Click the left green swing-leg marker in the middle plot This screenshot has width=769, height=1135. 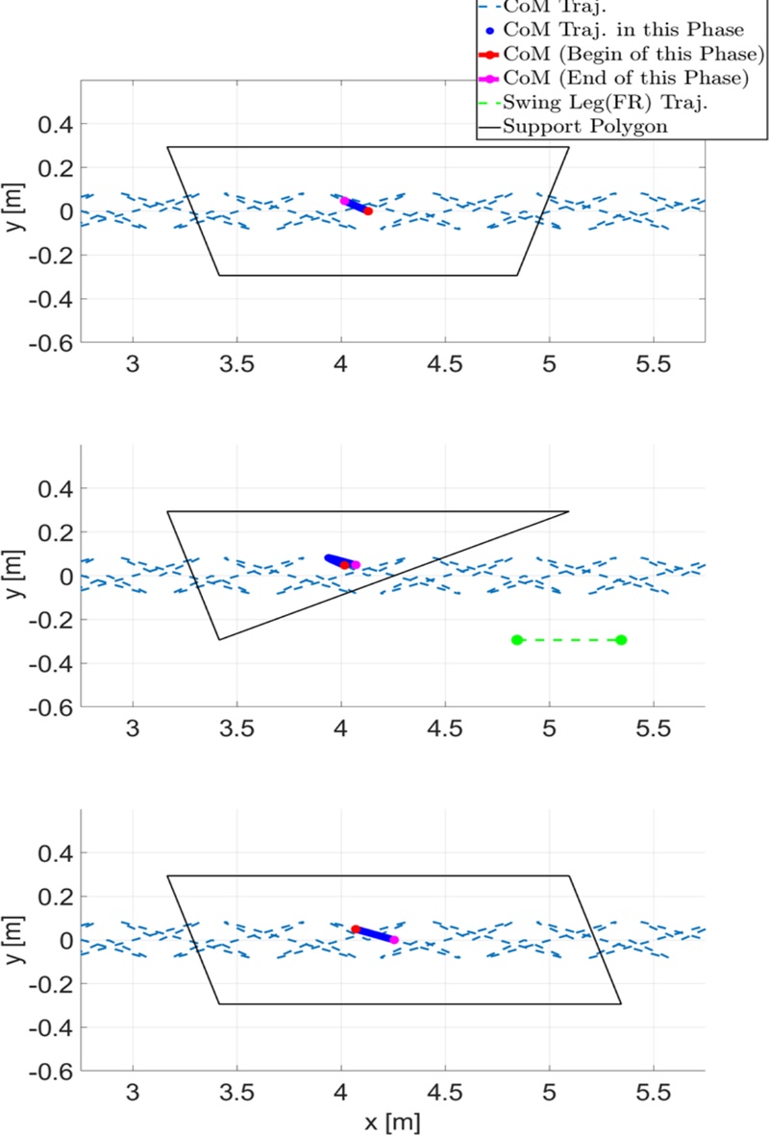tap(517, 640)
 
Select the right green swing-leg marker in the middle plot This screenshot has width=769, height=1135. tap(621, 640)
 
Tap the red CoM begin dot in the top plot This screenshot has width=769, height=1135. tap(368, 211)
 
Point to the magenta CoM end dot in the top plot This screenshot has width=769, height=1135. tap(345, 201)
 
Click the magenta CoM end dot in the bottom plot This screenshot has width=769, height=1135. tap(394, 940)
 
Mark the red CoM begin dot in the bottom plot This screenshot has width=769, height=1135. tap(356, 929)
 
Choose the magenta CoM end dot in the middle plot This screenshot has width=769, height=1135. tap(356, 565)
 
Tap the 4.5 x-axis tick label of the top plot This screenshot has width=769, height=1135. tap(445, 365)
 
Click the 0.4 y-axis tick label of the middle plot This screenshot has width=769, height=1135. tap(55, 489)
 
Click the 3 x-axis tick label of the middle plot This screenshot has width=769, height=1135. tap(134, 729)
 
